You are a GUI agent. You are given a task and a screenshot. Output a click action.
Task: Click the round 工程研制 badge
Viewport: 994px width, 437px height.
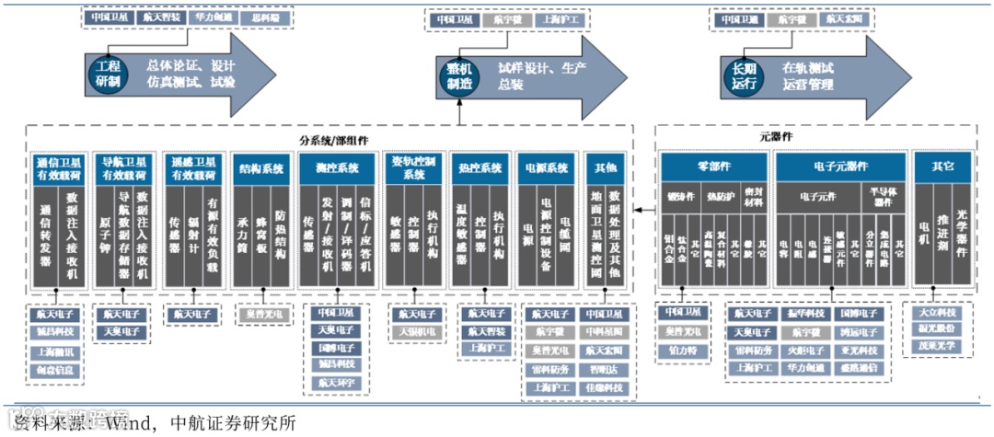click(108, 75)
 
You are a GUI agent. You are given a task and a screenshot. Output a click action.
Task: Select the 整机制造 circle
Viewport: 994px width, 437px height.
click(459, 75)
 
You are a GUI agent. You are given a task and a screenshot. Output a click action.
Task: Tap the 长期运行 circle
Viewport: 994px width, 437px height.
click(744, 75)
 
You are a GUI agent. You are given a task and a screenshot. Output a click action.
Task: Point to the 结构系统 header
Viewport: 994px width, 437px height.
click(260, 168)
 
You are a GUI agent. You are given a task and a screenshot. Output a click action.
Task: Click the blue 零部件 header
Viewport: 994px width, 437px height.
click(713, 167)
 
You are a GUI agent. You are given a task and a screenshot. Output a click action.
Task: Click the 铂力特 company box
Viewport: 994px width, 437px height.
click(683, 351)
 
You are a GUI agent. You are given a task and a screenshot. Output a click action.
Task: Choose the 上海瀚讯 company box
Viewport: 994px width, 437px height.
click(56, 352)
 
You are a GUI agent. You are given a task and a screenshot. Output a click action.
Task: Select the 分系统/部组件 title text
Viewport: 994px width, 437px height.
click(334, 140)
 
